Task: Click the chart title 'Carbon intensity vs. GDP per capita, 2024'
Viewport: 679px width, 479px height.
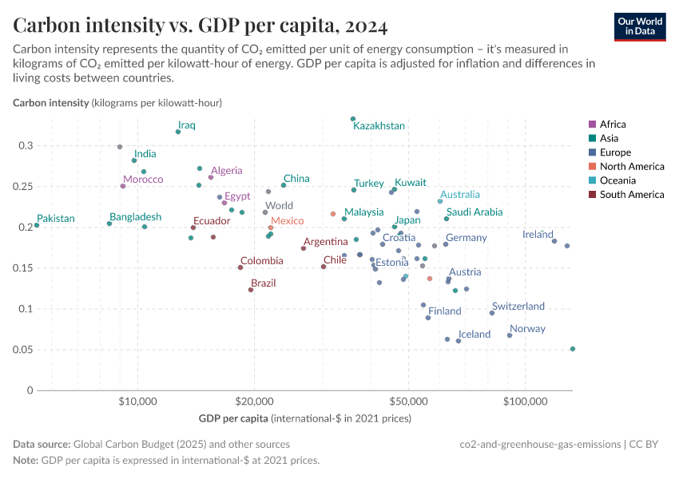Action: [x=201, y=26]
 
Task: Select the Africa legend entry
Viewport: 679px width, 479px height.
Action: [x=613, y=124]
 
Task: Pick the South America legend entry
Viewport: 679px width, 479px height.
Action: [x=631, y=195]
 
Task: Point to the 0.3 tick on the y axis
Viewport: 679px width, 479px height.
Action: [x=27, y=145]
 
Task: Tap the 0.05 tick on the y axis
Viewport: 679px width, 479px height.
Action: [x=24, y=350]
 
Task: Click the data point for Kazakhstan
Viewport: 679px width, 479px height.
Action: [x=353, y=119]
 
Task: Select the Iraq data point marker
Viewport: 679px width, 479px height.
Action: [x=178, y=132]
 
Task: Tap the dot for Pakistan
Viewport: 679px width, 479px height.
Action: [x=37, y=225]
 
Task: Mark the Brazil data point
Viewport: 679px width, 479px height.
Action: [x=251, y=290]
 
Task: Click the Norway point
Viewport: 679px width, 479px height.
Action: [x=510, y=335]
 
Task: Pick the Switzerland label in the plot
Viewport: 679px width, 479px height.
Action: [x=518, y=307]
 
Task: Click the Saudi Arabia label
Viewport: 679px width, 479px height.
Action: [x=475, y=212]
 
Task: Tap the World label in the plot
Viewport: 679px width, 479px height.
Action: [x=279, y=206]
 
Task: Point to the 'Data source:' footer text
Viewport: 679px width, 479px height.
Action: [x=42, y=444]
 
